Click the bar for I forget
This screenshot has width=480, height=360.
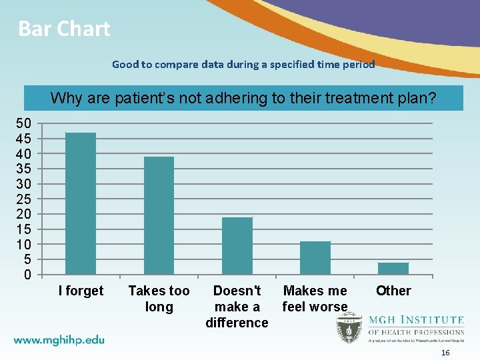pyautogui.click(x=81, y=203)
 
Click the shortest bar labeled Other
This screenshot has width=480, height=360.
pyautogui.click(x=393, y=268)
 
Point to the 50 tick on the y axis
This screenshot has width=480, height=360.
pyautogui.click(x=23, y=123)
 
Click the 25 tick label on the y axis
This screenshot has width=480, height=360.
pyautogui.click(x=23, y=199)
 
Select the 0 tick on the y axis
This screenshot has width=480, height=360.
pyautogui.click(x=27, y=275)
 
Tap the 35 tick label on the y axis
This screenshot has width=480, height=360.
pyautogui.click(x=23, y=169)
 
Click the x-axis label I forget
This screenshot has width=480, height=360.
pyautogui.click(x=81, y=291)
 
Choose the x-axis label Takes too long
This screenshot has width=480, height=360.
pyautogui.click(x=159, y=299)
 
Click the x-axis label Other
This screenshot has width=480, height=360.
pyautogui.click(x=393, y=291)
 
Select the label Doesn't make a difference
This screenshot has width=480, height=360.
pyautogui.click(x=237, y=307)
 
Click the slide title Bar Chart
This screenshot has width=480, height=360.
pyautogui.click(x=64, y=29)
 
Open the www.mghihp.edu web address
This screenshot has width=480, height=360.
pyautogui.click(x=59, y=340)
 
